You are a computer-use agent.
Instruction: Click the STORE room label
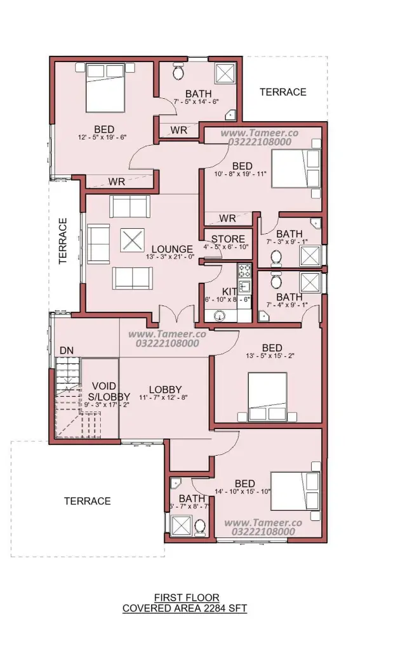(x=228, y=239)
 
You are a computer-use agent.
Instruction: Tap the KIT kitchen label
(x=229, y=292)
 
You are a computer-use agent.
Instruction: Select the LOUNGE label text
(x=172, y=249)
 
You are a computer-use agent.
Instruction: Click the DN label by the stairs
(x=66, y=350)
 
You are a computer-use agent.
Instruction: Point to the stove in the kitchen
(x=244, y=270)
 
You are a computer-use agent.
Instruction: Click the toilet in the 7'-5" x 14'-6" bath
(x=178, y=72)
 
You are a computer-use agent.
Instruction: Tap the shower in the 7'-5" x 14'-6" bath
(x=225, y=74)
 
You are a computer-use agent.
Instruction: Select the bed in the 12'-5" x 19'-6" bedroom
(x=105, y=87)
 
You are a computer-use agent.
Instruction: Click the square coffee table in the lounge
(x=132, y=240)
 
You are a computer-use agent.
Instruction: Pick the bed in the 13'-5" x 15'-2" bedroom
(x=267, y=397)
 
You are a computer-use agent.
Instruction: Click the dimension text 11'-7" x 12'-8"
(x=163, y=397)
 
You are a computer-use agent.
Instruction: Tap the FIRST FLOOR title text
(x=187, y=598)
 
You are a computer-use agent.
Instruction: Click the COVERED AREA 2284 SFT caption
(x=185, y=608)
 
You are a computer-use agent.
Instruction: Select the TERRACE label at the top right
(x=283, y=92)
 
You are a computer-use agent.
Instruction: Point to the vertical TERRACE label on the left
(x=63, y=241)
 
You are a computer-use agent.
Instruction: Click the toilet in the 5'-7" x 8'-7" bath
(x=200, y=527)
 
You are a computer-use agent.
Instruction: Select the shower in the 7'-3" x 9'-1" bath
(x=310, y=256)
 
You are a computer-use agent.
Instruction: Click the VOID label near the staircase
(x=104, y=387)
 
